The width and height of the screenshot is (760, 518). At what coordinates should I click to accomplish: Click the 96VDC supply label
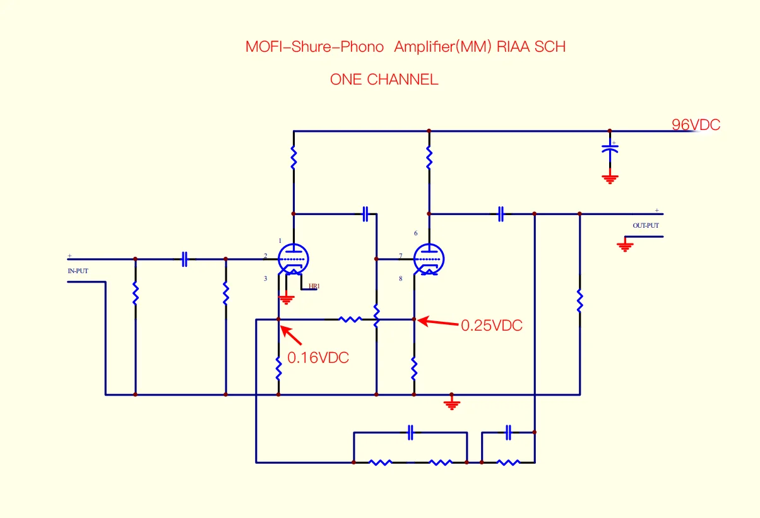pyautogui.click(x=696, y=125)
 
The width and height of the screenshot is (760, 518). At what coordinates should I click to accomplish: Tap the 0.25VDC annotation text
pyautogui.click(x=492, y=326)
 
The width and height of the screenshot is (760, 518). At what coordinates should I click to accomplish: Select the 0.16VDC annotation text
pyautogui.click(x=318, y=357)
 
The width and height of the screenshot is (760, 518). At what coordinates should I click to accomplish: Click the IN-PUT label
pyautogui.click(x=78, y=271)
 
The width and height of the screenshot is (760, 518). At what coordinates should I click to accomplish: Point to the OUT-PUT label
pyautogui.click(x=646, y=225)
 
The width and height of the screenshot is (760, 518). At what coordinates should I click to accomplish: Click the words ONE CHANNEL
pyautogui.click(x=384, y=80)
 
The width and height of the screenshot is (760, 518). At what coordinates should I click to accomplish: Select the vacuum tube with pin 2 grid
pyautogui.click(x=294, y=259)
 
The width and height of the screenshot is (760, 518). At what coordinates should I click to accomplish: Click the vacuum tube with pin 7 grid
pyautogui.click(x=429, y=259)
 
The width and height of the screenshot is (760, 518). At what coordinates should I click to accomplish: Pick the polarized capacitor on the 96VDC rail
pyautogui.click(x=609, y=150)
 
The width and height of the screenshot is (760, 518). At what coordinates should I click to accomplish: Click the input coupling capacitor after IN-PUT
pyautogui.click(x=184, y=259)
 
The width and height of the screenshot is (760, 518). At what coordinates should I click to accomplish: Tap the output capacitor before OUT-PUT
pyautogui.click(x=501, y=214)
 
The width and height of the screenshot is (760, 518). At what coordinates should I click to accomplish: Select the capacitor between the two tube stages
pyautogui.click(x=365, y=214)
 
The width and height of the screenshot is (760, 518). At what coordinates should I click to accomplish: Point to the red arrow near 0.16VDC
pyautogui.click(x=290, y=335)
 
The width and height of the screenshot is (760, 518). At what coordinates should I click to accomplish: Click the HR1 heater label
pyautogui.click(x=314, y=286)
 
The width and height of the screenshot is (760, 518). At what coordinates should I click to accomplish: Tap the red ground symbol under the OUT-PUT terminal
pyautogui.click(x=625, y=245)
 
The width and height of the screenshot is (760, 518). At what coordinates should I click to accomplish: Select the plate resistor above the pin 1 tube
pyautogui.click(x=294, y=158)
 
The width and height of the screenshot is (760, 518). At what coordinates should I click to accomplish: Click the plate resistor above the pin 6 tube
pyautogui.click(x=429, y=158)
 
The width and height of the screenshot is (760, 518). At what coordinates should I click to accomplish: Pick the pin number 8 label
pyautogui.click(x=401, y=278)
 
